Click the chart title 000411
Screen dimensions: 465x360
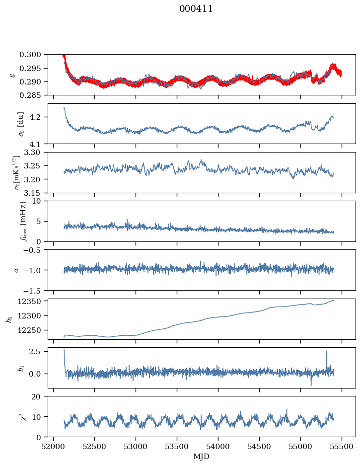point(196,9)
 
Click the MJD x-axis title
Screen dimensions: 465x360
point(201,457)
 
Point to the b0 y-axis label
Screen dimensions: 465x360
point(9,319)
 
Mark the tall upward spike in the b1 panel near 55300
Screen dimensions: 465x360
point(326,352)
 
